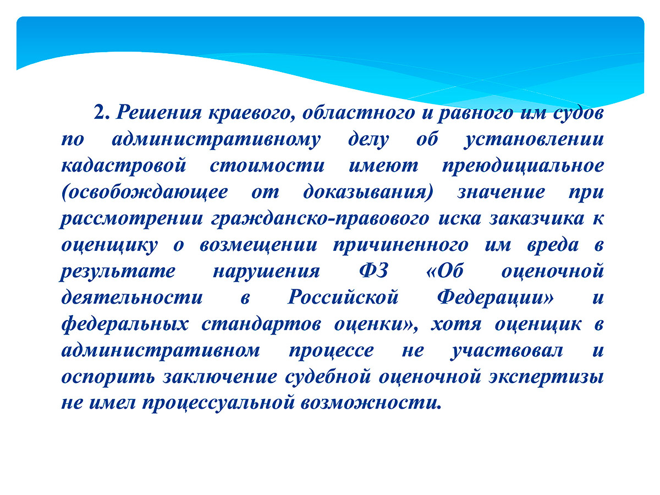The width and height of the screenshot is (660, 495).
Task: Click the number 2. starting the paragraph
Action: point(102,113)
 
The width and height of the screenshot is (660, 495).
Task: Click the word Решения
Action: point(158,113)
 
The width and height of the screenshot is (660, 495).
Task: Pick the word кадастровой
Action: point(124,166)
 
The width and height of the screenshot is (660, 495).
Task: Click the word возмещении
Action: point(258,245)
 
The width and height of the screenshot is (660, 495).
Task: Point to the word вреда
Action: point(553,245)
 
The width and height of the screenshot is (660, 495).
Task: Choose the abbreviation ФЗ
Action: point(374,271)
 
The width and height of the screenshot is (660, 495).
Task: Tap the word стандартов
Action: point(261,324)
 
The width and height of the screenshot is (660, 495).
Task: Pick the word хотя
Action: point(456,324)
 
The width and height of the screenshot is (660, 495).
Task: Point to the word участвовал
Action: point(507,351)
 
